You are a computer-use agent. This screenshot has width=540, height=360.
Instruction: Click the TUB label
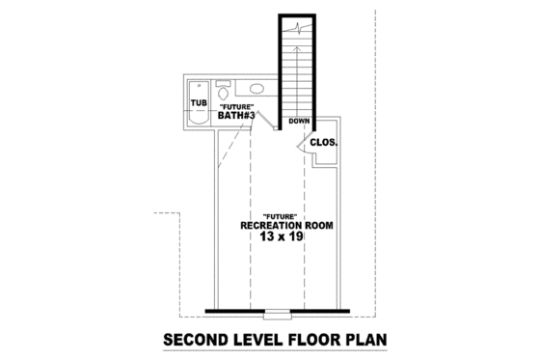pos(199,102)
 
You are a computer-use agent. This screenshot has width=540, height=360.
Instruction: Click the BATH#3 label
pos(235,116)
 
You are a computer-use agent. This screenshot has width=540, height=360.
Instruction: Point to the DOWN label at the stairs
pos(298,122)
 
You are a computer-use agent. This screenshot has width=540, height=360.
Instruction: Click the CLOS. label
pos(323,143)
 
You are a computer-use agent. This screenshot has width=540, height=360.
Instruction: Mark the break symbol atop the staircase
pos(299,28)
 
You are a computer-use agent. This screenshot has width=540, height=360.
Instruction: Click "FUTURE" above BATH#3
pos(236,106)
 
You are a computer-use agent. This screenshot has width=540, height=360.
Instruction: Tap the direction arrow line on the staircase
pos(298,68)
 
